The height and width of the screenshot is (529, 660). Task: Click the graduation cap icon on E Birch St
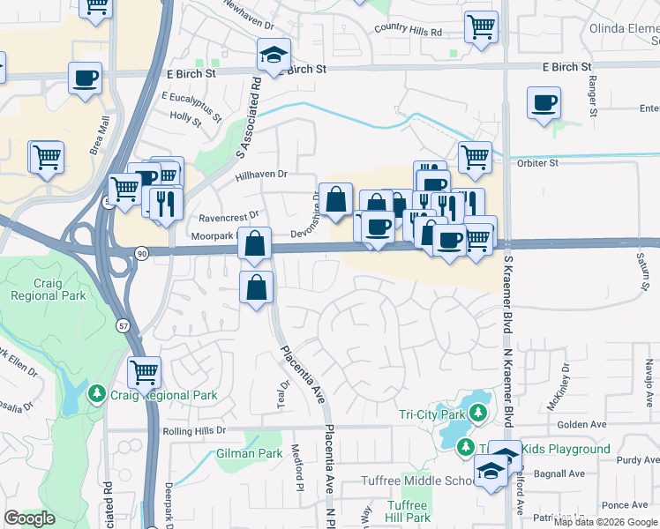(274, 56)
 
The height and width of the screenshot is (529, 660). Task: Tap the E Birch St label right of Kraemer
(566, 66)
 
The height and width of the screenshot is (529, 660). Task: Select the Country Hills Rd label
(408, 30)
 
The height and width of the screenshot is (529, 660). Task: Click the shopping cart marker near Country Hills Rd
(481, 26)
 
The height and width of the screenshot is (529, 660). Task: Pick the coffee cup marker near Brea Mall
(86, 78)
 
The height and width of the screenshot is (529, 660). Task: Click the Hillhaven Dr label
(262, 175)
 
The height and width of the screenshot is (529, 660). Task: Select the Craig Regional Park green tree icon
(96, 395)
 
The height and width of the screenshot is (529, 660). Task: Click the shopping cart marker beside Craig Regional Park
(145, 371)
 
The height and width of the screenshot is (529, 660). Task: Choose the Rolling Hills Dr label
(194, 431)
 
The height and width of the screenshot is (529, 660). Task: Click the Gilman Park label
(249, 454)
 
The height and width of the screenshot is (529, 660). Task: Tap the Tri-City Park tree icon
(477, 413)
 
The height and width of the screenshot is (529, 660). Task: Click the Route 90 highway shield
(141, 253)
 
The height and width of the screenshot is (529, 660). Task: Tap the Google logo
(30, 518)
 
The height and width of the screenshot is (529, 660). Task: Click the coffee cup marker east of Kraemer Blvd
(544, 101)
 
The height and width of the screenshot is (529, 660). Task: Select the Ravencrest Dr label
(229, 215)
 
